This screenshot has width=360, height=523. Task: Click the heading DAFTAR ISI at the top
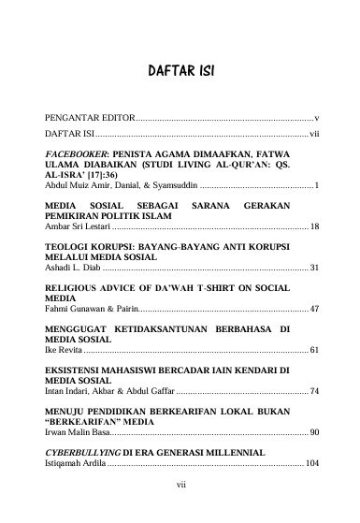click(x=181, y=72)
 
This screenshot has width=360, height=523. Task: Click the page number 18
click(x=314, y=227)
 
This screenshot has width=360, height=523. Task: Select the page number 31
click(x=314, y=268)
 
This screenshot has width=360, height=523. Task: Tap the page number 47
click(x=314, y=308)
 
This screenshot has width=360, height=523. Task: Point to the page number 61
click(x=314, y=350)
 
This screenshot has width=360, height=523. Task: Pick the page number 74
click(x=314, y=391)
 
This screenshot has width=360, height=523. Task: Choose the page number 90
click(x=314, y=432)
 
